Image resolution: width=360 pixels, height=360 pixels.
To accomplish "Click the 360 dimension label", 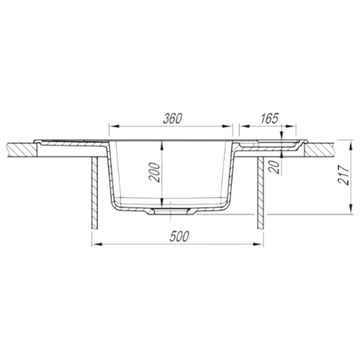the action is pyautogui.click(x=172, y=118).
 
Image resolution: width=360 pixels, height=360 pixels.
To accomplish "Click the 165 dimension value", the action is pyautogui.click(x=269, y=118).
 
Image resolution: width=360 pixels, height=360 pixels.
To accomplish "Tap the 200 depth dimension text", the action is pyautogui.click(x=154, y=172).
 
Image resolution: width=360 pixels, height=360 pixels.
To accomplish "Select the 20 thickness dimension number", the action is pyautogui.click(x=275, y=167).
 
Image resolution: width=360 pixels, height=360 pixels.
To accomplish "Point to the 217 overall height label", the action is pyautogui.click(x=343, y=175).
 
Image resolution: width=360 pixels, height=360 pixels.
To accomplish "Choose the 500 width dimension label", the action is pyautogui.click(x=179, y=236).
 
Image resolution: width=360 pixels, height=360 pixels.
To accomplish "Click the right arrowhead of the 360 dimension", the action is pyautogui.click(x=227, y=126).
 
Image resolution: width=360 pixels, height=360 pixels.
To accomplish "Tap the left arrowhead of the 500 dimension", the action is pyautogui.click(x=97, y=244).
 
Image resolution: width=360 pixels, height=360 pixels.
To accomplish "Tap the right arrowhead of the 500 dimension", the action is pyautogui.click(x=258, y=244).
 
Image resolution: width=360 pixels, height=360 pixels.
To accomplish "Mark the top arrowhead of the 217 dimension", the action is pyautogui.click(x=350, y=145).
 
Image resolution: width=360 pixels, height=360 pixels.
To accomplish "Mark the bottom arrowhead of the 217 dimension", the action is pyautogui.click(x=350, y=209).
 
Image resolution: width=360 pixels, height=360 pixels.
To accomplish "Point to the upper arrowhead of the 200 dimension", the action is pyautogui.click(x=162, y=146).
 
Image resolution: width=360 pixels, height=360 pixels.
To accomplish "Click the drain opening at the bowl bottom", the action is pyautogui.click(x=171, y=211).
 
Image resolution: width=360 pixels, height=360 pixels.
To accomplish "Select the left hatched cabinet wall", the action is pyautogui.click(x=95, y=193).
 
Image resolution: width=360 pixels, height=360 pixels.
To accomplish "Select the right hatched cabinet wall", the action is pyautogui.click(x=260, y=193).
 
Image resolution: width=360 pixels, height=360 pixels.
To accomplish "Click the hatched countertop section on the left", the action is pyautogui.click(x=22, y=150).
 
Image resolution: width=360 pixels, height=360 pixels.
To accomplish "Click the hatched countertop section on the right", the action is pyautogui.click(x=319, y=150).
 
